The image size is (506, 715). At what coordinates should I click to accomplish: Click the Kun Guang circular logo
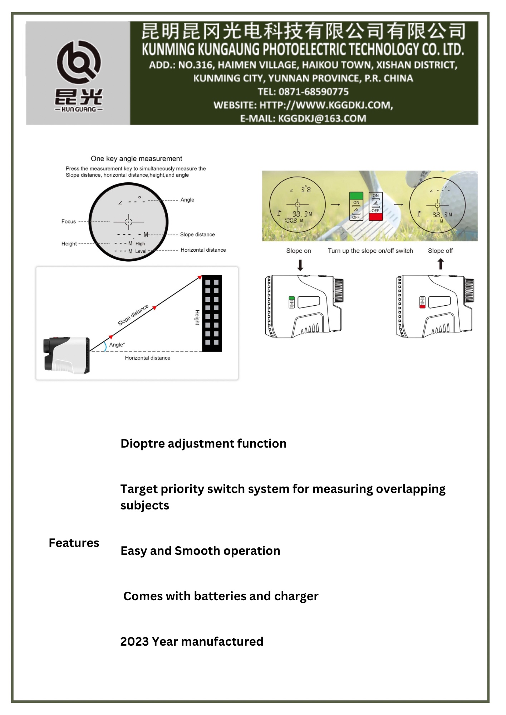tap(79, 62)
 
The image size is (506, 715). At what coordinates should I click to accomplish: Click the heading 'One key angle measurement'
tap(136, 159)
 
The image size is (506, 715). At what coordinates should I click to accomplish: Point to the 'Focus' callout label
tap(68, 222)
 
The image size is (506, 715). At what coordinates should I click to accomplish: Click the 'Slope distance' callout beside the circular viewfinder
tap(197, 235)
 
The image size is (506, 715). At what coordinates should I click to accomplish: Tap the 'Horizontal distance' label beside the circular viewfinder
tap(203, 250)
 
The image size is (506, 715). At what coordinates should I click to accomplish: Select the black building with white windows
tap(212, 313)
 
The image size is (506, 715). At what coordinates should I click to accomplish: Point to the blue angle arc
tap(105, 346)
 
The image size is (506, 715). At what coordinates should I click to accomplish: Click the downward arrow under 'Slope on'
tap(300, 265)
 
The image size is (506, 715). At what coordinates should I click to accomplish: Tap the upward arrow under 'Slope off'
tap(441, 264)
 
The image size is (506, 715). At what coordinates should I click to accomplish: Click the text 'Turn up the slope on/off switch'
tap(370, 251)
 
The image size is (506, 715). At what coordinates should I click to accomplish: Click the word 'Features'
tap(74, 543)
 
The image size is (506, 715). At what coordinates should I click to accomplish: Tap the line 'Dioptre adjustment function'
tap(203, 444)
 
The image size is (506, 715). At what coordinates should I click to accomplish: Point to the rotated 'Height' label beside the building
tap(197, 317)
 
